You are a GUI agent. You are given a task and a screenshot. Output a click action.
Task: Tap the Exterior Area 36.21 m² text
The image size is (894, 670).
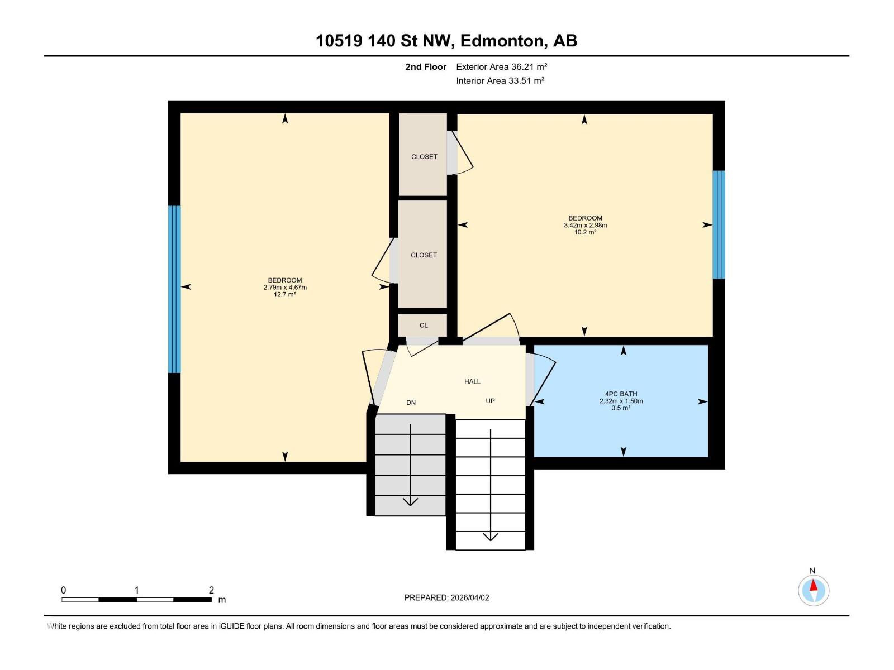501,66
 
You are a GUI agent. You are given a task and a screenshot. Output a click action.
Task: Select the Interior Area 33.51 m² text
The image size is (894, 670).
500,80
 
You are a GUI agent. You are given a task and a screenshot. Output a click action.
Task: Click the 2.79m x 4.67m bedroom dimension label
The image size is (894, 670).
285,288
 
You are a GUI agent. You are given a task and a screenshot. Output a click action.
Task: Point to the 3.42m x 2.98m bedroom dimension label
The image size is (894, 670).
585,226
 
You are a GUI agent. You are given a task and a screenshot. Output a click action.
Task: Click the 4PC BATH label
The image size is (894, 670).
621,394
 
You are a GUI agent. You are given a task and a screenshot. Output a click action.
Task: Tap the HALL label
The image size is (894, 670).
472,381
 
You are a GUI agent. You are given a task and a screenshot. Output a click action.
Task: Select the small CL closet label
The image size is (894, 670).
424,325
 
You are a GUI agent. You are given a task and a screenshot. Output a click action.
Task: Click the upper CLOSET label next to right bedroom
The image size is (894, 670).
424,157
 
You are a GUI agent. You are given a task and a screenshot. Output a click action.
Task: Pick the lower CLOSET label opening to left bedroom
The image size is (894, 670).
424,255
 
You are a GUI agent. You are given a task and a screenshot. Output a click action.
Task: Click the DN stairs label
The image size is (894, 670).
411,403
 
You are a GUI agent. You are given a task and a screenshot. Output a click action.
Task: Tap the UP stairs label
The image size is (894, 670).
490,401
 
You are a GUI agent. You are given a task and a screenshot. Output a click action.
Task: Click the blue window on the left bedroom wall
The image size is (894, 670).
174,289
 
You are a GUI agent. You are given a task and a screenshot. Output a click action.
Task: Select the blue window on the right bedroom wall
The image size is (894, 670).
719,224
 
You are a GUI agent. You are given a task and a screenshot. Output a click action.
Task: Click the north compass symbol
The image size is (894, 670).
814,590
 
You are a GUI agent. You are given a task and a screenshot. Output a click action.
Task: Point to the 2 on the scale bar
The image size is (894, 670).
211,590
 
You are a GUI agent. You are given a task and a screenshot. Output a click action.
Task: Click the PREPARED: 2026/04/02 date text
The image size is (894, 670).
446,597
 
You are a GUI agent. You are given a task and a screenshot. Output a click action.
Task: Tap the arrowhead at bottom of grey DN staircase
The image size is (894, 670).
411,501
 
